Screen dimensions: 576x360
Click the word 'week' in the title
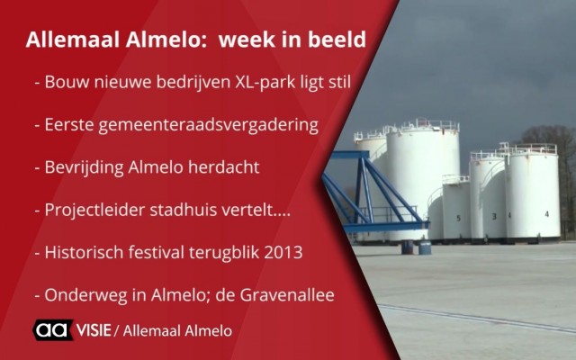[245, 40]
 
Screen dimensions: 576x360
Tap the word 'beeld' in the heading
[337, 40]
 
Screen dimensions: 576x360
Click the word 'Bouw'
[67, 82]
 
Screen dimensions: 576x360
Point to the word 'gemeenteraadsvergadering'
[208, 126]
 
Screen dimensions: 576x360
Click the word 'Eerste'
[69, 125]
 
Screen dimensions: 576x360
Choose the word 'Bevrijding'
[84, 168]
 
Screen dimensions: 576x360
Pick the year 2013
[283, 253]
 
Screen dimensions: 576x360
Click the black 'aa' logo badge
[53, 330]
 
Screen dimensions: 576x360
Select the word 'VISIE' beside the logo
[94, 330]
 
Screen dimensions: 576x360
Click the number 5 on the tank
[458, 218]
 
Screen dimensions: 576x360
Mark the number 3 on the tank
[494, 216]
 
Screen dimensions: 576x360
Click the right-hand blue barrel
[425, 247]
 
